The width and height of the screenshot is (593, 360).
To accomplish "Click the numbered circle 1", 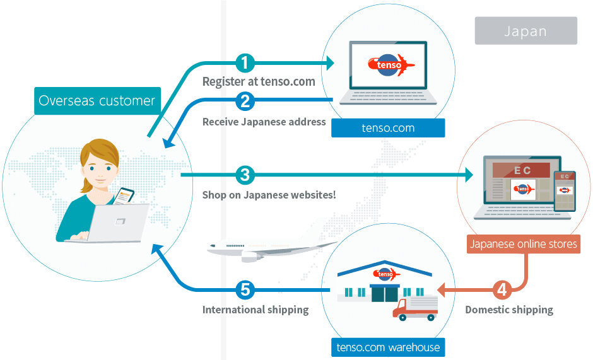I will pos(245,63).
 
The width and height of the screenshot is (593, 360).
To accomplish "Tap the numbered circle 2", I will pos(245,100).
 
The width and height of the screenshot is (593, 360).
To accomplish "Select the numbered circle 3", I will pos(245,175).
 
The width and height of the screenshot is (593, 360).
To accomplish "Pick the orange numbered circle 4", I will pos(501,290).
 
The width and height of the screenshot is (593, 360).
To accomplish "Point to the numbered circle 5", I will pos(245,290).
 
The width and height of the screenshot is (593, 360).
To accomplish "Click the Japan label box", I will pos(525,31).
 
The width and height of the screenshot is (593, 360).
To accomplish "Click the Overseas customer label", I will pos(97,101).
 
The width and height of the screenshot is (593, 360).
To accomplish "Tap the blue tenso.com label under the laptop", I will pos(388,128).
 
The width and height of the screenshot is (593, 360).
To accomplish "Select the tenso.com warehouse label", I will pos(388,347).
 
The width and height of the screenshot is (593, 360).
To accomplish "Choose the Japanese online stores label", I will pos(524,244).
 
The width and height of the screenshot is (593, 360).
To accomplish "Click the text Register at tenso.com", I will pos(258,82).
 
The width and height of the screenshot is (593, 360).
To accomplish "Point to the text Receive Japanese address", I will pos(264,122).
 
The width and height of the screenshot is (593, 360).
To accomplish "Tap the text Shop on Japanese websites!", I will pos(269,195).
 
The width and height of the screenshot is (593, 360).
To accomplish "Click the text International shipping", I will pos(255,310).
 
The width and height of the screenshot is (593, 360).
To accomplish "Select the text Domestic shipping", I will pos(509,310).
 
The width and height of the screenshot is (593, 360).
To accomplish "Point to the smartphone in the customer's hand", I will pos(124,195).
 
